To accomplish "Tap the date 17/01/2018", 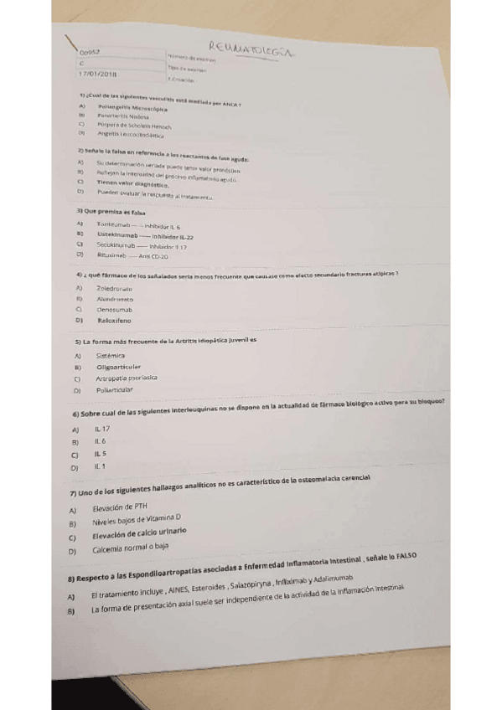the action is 97,74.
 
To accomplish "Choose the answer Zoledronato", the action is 115,288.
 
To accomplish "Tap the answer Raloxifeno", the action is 115,320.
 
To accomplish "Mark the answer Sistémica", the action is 111,356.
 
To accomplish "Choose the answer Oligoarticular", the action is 118,367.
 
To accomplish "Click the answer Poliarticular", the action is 116,390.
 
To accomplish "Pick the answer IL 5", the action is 100,454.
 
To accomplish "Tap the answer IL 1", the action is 100,466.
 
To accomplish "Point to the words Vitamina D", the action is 163,521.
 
